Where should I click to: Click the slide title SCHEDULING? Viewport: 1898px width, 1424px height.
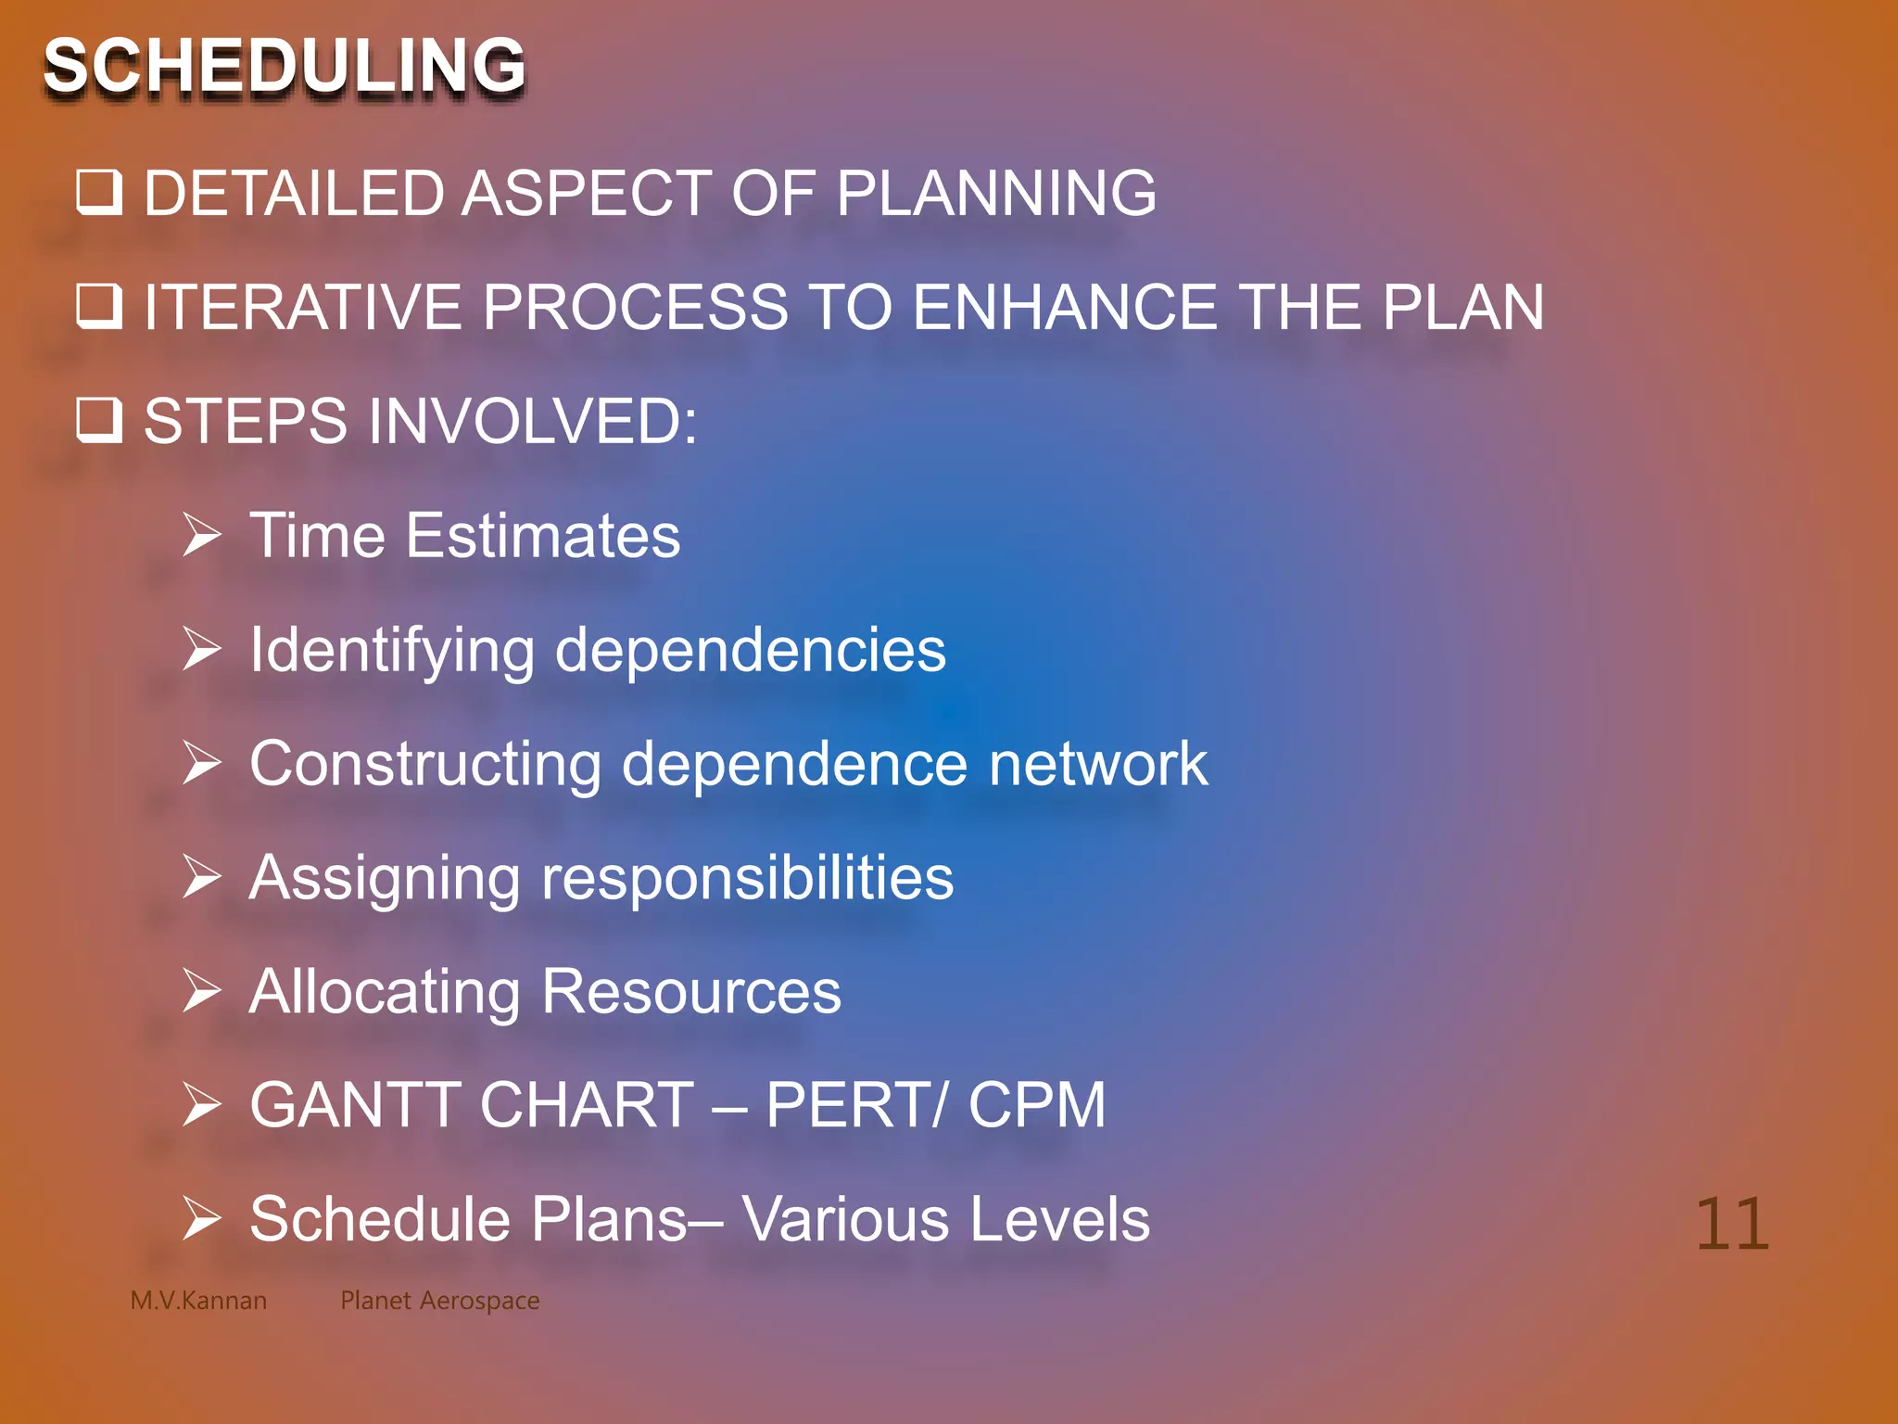coord(284,67)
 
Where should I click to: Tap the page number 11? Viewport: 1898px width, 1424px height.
coord(1731,1225)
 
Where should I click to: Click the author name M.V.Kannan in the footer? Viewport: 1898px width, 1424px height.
coord(198,1301)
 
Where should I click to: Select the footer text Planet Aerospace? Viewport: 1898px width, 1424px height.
coord(439,1301)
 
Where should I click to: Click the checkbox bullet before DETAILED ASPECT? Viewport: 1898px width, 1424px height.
coord(98,192)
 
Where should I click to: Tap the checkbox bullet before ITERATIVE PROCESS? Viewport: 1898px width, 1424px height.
coord(98,306)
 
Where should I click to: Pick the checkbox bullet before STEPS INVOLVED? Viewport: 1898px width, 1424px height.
coord(98,420)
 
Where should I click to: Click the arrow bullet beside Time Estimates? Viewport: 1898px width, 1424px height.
coord(201,535)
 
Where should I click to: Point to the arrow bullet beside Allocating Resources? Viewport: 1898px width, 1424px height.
coord(201,991)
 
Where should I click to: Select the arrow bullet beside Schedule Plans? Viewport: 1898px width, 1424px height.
coord(201,1218)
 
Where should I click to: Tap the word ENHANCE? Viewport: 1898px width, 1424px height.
coord(1065,307)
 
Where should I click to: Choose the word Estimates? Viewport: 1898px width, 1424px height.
coord(543,536)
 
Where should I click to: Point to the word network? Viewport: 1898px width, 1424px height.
coord(1098,764)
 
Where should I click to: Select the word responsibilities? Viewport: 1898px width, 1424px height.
coord(747,879)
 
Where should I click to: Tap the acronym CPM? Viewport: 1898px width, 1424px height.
coord(1037,1105)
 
